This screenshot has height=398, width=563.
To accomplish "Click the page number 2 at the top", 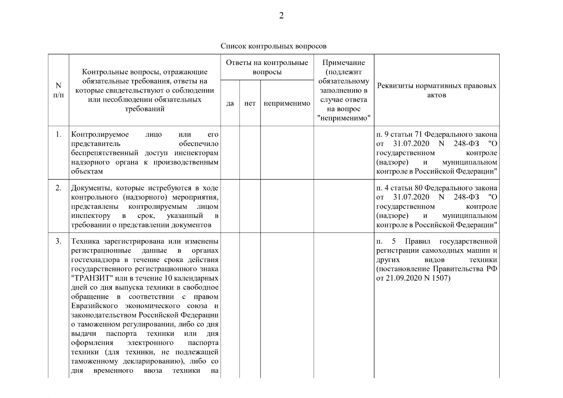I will point(281,16).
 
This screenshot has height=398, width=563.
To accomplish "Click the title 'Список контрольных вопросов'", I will point(273,46).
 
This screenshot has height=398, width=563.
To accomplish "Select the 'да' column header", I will point(230,103).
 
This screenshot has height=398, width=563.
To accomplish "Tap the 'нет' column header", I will point(250,103).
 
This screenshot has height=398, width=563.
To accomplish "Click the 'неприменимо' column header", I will point(287,103).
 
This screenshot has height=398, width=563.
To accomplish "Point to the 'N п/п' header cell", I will point(58,90).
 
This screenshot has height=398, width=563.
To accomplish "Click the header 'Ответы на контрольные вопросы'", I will point(267,67).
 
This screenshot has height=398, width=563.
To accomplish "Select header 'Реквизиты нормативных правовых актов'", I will point(437,90).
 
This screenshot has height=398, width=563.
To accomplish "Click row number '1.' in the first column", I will point(58,134).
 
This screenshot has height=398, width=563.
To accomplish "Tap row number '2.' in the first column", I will point(58,188).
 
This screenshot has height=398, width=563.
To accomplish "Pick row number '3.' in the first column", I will point(58,241).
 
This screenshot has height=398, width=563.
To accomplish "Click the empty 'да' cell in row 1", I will point(230,153).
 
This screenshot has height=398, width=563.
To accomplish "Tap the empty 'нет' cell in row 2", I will point(250,206).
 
